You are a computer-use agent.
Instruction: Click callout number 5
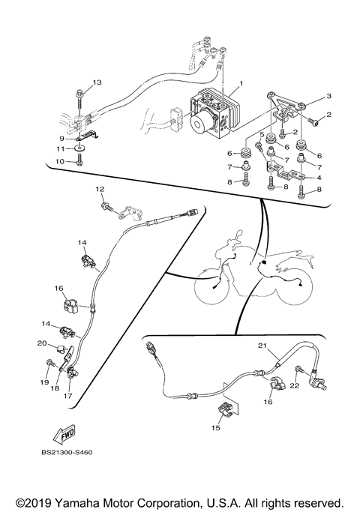coord(263,135)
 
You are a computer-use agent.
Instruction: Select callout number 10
coord(62,161)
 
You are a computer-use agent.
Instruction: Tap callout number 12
coord(99,190)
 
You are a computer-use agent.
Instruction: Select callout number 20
coord(42,344)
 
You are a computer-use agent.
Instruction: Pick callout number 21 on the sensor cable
coord(262,346)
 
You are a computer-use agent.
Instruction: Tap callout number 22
coord(295,385)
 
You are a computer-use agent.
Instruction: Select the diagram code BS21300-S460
coord(67,453)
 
